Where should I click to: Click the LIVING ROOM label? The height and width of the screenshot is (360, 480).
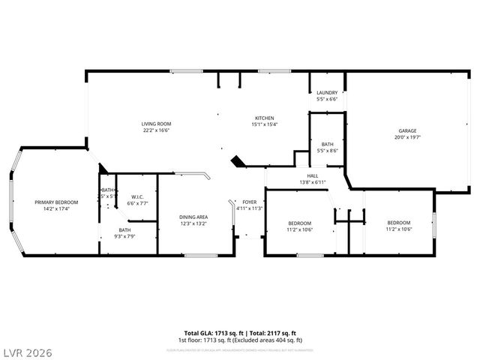(157, 124)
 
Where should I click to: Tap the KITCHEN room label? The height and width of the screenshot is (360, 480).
(264, 118)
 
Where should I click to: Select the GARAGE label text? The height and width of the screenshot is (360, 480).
(407, 130)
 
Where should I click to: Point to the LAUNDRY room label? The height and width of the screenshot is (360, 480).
(328, 93)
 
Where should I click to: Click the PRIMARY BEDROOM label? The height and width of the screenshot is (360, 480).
(56, 202)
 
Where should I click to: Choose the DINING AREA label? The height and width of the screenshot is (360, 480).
(193, 217)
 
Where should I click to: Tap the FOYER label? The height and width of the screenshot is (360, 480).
(250, 202)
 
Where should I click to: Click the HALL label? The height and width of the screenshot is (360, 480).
(312, 175)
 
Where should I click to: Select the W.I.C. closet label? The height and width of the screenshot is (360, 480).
(137, 196)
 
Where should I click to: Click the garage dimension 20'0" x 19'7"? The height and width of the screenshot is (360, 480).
(407, 137)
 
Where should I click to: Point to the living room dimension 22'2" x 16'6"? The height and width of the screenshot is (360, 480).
(157, 130)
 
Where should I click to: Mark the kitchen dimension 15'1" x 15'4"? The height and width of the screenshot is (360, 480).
(264, 125)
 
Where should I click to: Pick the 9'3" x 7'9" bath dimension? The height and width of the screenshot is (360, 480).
(124, 237)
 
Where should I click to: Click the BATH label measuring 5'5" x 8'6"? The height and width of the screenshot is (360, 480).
(328, 144)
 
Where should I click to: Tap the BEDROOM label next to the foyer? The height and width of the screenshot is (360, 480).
(300, 223)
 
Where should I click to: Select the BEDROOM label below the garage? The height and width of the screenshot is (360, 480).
(398, 223)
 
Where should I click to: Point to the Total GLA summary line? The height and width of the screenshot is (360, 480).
(240, 332)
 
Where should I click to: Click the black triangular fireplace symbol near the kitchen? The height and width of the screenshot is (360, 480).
(238, 161)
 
